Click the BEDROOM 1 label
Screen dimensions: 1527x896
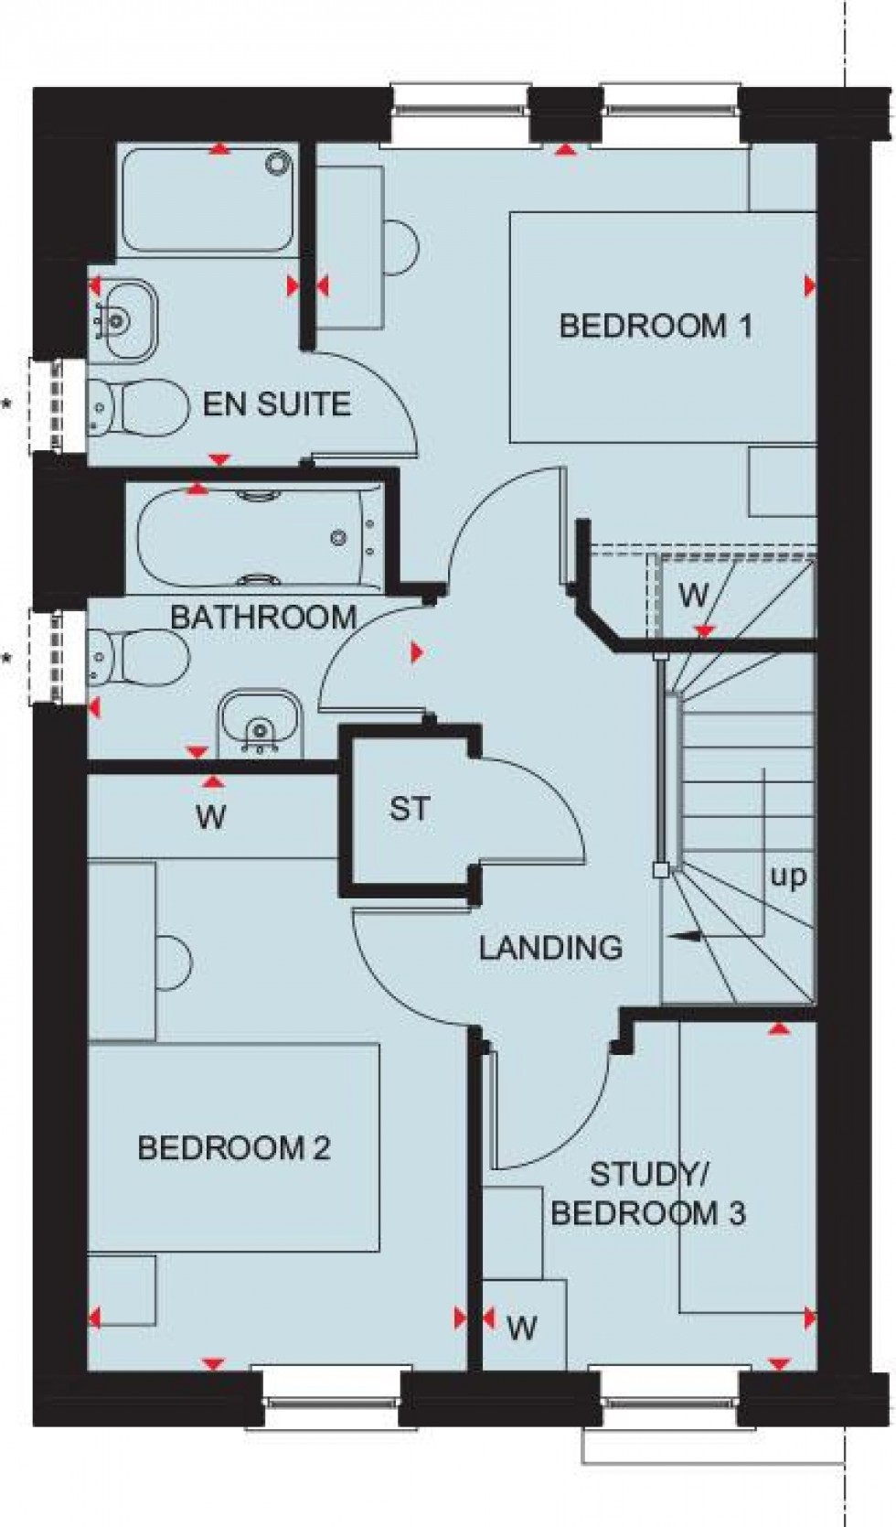[x=656, y=326]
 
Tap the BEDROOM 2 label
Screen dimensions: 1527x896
[x=233, y=1148]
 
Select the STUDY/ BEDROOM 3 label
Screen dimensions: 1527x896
[x=648, y=1194]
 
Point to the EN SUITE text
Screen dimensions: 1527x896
[x=276, y=404]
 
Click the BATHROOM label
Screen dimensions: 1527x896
[x=263, y=617]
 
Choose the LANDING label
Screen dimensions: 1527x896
[x=550, y=948]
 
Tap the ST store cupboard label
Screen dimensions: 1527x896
[x=409, y=809]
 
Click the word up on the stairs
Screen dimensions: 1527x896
[x=788, y=876]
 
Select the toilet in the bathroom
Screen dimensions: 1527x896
[x=137, y=657]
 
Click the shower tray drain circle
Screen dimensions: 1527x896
[x=276, y=164]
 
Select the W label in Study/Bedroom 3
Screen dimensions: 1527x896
[x=521, y=1327]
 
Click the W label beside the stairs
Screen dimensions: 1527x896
[x=693, y=596]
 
